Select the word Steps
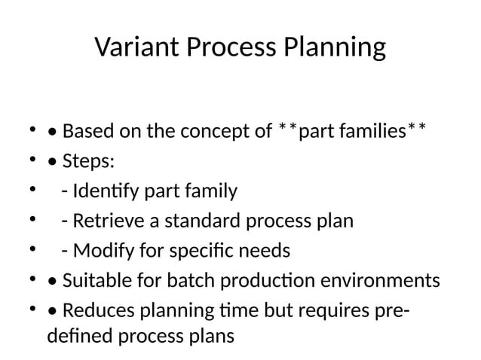pos(87,162)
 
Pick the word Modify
pos(101,250)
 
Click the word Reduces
pos(96,310)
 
